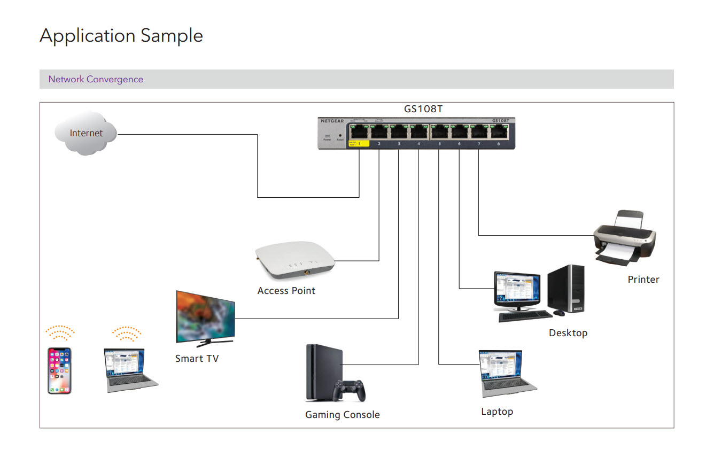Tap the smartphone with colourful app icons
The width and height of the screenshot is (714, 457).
click(59, 370)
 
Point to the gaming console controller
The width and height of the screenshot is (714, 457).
click(349, 390)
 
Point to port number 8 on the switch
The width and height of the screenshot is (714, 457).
click(498, 144)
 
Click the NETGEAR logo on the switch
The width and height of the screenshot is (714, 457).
click(332, 121)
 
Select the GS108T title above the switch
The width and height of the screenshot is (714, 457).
click(423, 109)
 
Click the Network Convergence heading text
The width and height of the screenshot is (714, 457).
click(96, 79)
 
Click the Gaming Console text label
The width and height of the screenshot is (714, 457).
click(342, 415)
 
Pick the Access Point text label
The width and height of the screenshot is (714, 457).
click(286, 291)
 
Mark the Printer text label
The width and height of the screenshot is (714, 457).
click(643, 280)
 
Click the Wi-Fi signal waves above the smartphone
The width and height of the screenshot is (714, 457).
click(60, 333)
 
